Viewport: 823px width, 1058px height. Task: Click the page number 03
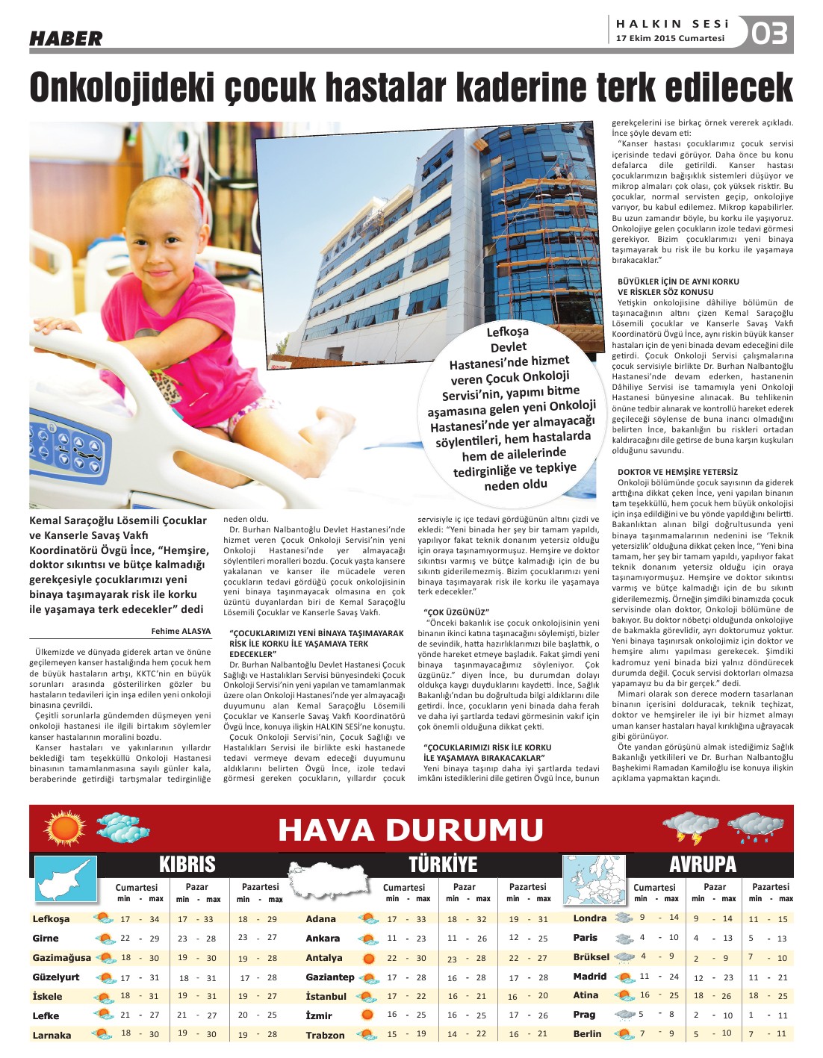(x=770, y=34)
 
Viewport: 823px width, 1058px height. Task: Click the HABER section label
(x=66, y=38)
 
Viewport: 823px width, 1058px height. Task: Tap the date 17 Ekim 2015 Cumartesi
(x=670, y=39)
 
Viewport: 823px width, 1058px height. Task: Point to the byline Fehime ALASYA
(x=181, y=631)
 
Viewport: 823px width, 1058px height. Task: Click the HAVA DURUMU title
(x=411, y=830)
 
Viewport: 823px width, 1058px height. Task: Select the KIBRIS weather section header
(x=187, y=865)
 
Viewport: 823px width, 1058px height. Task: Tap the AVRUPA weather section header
(x=702, y=865)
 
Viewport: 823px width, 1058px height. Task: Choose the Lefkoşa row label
(x=51, y=919)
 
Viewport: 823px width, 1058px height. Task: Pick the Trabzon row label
(x=325, y=1035)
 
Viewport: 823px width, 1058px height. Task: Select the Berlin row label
(x=587, y=1034)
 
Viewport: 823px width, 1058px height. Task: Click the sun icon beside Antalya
(x=367, y=958)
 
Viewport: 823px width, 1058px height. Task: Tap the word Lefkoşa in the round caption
(x=507, y=332)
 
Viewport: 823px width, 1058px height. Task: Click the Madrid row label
(x=590, y=976)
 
